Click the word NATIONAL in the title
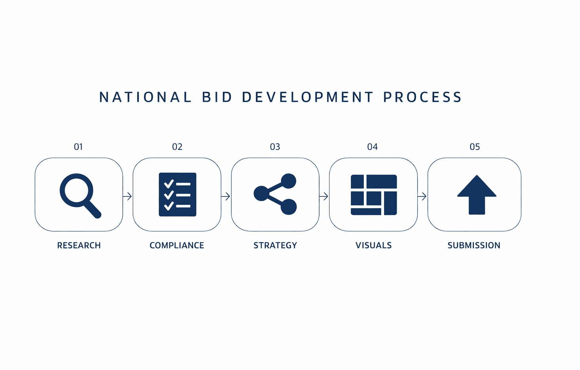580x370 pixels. tap(145, 97)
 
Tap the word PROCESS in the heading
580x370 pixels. tap(422, 97)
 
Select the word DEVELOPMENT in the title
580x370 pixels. tap(308, 97)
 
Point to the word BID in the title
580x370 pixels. tap(217, 97)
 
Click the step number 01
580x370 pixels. tap(78, 147)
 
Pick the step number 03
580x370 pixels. tap(275, 147)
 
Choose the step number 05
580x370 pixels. tap(475, 147)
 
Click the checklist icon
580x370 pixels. tap(177, 194)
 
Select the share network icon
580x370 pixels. tap(276, 194)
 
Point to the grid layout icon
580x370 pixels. tap(374, 195)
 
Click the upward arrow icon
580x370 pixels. tap(477, 195)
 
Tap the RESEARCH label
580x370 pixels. tap(79, 245)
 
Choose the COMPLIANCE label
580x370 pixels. tap(177, 245)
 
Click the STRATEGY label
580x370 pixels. tap(275, 245)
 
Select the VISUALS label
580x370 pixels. tap(373, 245)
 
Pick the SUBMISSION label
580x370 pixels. tap(474, 245)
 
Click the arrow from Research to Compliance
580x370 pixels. tap(127, 196)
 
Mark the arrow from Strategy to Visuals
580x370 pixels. tap(324, 196)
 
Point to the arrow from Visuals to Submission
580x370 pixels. tap(422, 196)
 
